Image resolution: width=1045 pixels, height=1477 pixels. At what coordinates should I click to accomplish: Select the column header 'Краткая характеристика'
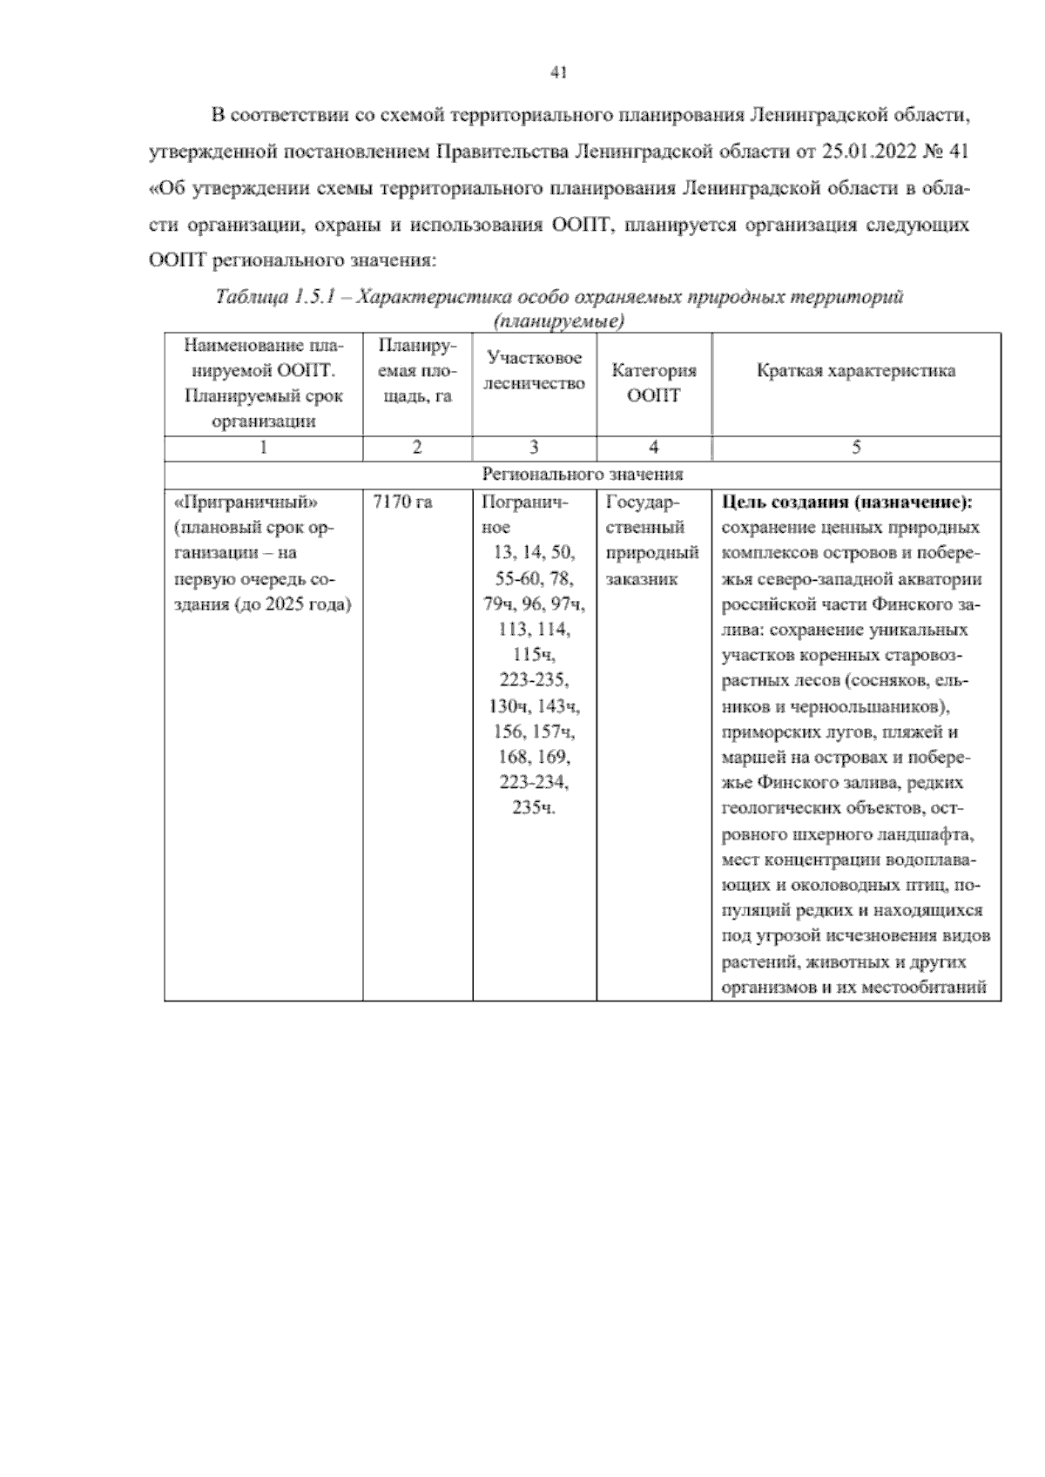click(x=855, y=371)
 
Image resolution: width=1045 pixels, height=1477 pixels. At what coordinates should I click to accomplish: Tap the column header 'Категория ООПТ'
click(x=653, y=382)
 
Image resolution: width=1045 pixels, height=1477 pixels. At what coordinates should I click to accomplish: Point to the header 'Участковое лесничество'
click(x=534, y=370)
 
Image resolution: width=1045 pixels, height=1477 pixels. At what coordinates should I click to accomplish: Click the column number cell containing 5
click(x=855, y=448)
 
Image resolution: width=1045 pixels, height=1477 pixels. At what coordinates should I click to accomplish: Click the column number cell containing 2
click(x=417, y=448)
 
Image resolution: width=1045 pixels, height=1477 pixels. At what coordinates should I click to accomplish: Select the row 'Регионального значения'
click(x=582, y=474)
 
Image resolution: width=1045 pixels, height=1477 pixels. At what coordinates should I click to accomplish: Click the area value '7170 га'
click(x=402, y=502)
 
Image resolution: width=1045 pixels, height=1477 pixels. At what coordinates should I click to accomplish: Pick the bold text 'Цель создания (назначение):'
click(x=846, y=502)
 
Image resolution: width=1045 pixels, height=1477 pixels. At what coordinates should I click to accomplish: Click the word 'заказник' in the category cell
click(x=642, y=578)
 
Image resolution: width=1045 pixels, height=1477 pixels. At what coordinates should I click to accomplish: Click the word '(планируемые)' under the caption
click(x=558, y=322)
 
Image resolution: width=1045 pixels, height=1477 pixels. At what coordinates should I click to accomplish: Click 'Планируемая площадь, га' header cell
click(x=417, y=371)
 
